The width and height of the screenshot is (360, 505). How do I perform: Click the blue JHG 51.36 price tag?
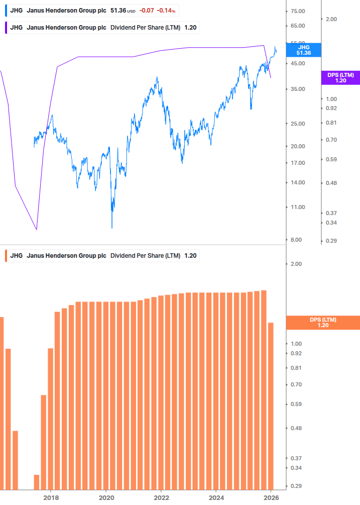[304, 50]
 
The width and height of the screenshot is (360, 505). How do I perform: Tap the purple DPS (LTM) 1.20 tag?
[340, 77]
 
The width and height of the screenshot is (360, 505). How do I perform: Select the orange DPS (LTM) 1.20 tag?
[322, 323]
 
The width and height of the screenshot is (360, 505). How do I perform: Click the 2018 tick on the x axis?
[51, 497]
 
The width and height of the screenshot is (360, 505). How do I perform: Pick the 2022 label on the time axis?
[161, 497]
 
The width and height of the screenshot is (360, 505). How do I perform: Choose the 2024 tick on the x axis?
[215, 497]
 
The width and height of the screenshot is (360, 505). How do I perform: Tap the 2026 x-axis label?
[271, 497]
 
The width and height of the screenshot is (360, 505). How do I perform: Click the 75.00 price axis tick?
[298, 11]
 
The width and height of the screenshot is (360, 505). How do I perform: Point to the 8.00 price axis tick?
[296, 240]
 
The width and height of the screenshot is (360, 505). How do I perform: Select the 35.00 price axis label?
[298, 89]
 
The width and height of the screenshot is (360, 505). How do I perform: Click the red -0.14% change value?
[167, 10]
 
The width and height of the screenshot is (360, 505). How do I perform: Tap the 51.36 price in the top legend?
[117, 10]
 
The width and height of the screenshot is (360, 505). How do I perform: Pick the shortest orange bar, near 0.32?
[37, 482]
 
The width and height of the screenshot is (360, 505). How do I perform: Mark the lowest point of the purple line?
[37, 230]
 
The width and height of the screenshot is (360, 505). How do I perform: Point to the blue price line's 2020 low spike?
[111, 227]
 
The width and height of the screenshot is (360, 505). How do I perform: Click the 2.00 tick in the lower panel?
[296, 264]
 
